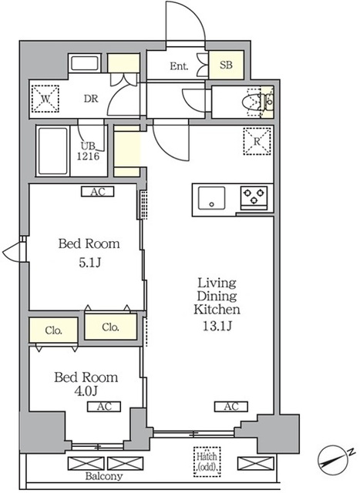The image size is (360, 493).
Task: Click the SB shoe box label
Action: point(227,65)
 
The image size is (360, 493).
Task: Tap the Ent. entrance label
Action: point(179,66)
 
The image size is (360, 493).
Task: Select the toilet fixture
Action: point(252,102)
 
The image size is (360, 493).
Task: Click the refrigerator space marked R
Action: point(257,141)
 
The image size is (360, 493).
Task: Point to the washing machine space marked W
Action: point(45,99)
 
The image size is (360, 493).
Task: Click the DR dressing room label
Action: point(91,99)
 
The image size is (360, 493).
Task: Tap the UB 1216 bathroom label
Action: point(89,151)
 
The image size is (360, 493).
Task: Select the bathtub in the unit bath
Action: point(53,151)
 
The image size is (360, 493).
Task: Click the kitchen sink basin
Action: point(211,198)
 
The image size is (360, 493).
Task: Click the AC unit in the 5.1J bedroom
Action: point(98,192)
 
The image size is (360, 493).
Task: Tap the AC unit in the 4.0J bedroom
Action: point(104,407)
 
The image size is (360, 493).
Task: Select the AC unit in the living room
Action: point(231,407)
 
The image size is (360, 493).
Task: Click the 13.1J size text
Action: point(217,326)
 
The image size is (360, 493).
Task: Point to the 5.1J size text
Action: point(89,262)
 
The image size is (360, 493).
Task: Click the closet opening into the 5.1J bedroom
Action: point(111,327)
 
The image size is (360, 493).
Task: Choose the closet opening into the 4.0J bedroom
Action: point(53,330)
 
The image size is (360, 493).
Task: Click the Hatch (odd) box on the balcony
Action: point(207,461)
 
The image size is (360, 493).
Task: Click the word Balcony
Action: point(104,476)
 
